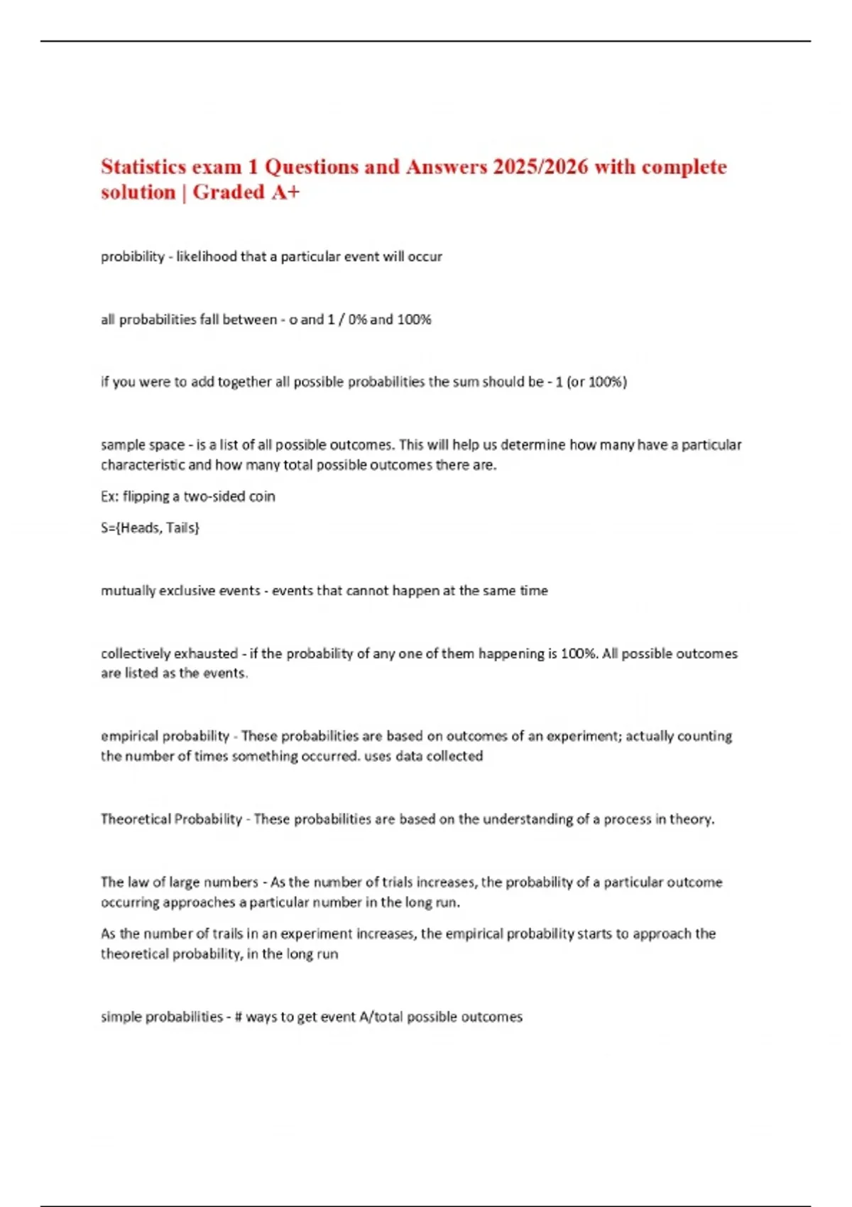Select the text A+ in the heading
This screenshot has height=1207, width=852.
pos(285,192)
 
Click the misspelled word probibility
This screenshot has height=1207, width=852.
pos(132,257)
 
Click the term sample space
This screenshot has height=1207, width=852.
pos(142,445)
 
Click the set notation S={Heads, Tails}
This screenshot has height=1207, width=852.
pos(150,528)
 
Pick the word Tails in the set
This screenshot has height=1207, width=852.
pos(182,528)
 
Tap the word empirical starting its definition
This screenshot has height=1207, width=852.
pos(132,736)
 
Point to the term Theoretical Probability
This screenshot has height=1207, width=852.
pos(171,819)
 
